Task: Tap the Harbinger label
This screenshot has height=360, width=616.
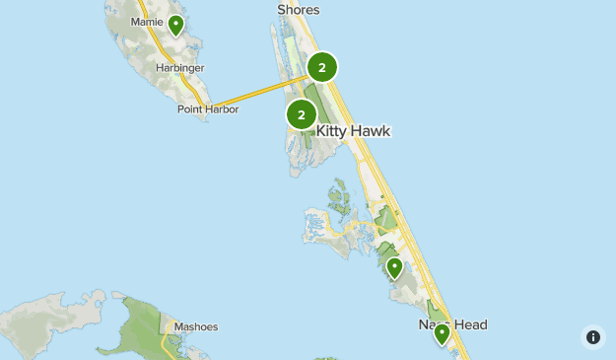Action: (179, 68)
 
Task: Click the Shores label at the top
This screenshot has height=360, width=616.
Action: (299, 10)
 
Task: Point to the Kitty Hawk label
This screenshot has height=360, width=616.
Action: (353, 130)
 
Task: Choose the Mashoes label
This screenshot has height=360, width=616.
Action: (195, 327)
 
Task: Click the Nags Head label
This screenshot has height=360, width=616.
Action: (452, 324)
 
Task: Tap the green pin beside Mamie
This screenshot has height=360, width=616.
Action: (175, 25)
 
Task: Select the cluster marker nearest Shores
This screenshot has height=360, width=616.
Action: (321, 67)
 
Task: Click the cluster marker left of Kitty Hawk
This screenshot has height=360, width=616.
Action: (301, 114)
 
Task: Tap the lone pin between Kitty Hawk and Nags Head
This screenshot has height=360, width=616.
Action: (394, 266)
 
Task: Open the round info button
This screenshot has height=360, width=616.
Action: (593, 337)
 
